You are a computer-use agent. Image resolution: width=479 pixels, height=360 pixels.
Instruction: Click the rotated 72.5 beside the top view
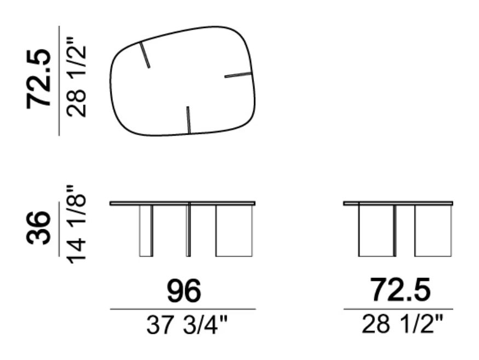coord(38,78)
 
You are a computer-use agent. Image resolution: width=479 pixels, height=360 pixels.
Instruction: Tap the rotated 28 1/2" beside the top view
coord(76,77)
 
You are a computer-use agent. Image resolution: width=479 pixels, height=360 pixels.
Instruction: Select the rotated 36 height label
coord(38,228)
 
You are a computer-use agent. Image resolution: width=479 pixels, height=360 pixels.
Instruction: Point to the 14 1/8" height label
coord(76,224)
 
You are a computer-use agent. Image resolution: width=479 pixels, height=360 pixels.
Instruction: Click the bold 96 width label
coord(184,291)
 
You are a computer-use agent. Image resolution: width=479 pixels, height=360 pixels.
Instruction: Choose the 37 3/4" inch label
coord(187,325)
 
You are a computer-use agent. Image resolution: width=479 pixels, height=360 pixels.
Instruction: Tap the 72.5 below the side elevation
coord(400,290)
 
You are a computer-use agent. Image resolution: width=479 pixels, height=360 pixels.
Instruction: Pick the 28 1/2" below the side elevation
coord(402,324)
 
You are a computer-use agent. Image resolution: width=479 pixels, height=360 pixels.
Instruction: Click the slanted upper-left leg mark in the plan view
coord(145,55)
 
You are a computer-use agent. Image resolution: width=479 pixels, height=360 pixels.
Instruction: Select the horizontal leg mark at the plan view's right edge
coord(238,75)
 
